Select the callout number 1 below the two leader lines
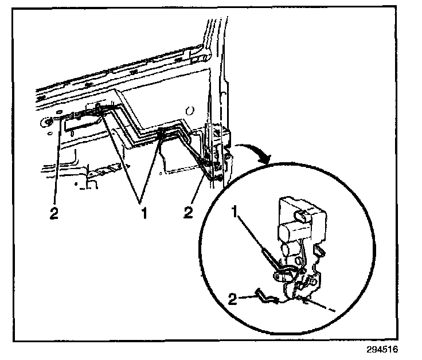coord(144,213)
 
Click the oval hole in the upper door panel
coord(190,110)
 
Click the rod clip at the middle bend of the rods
coord(163,134)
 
